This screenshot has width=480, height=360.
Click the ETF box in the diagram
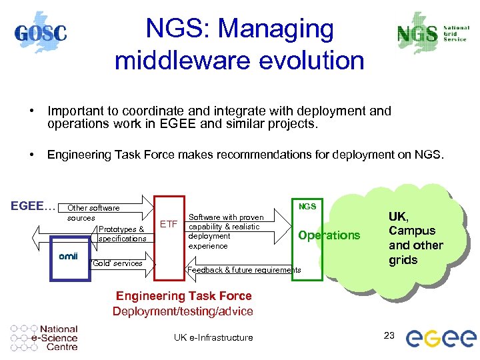169,224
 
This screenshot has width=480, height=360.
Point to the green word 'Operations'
329,235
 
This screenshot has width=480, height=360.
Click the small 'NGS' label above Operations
307,207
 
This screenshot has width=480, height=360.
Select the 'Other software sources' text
93,213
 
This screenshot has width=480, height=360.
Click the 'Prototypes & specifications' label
122,234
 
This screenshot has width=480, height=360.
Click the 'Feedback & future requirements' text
244,270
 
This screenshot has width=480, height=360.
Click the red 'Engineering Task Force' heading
183,296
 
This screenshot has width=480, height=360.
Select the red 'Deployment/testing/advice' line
183,311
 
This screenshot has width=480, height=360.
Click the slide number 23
390,335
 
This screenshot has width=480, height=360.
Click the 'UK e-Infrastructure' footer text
213,337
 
